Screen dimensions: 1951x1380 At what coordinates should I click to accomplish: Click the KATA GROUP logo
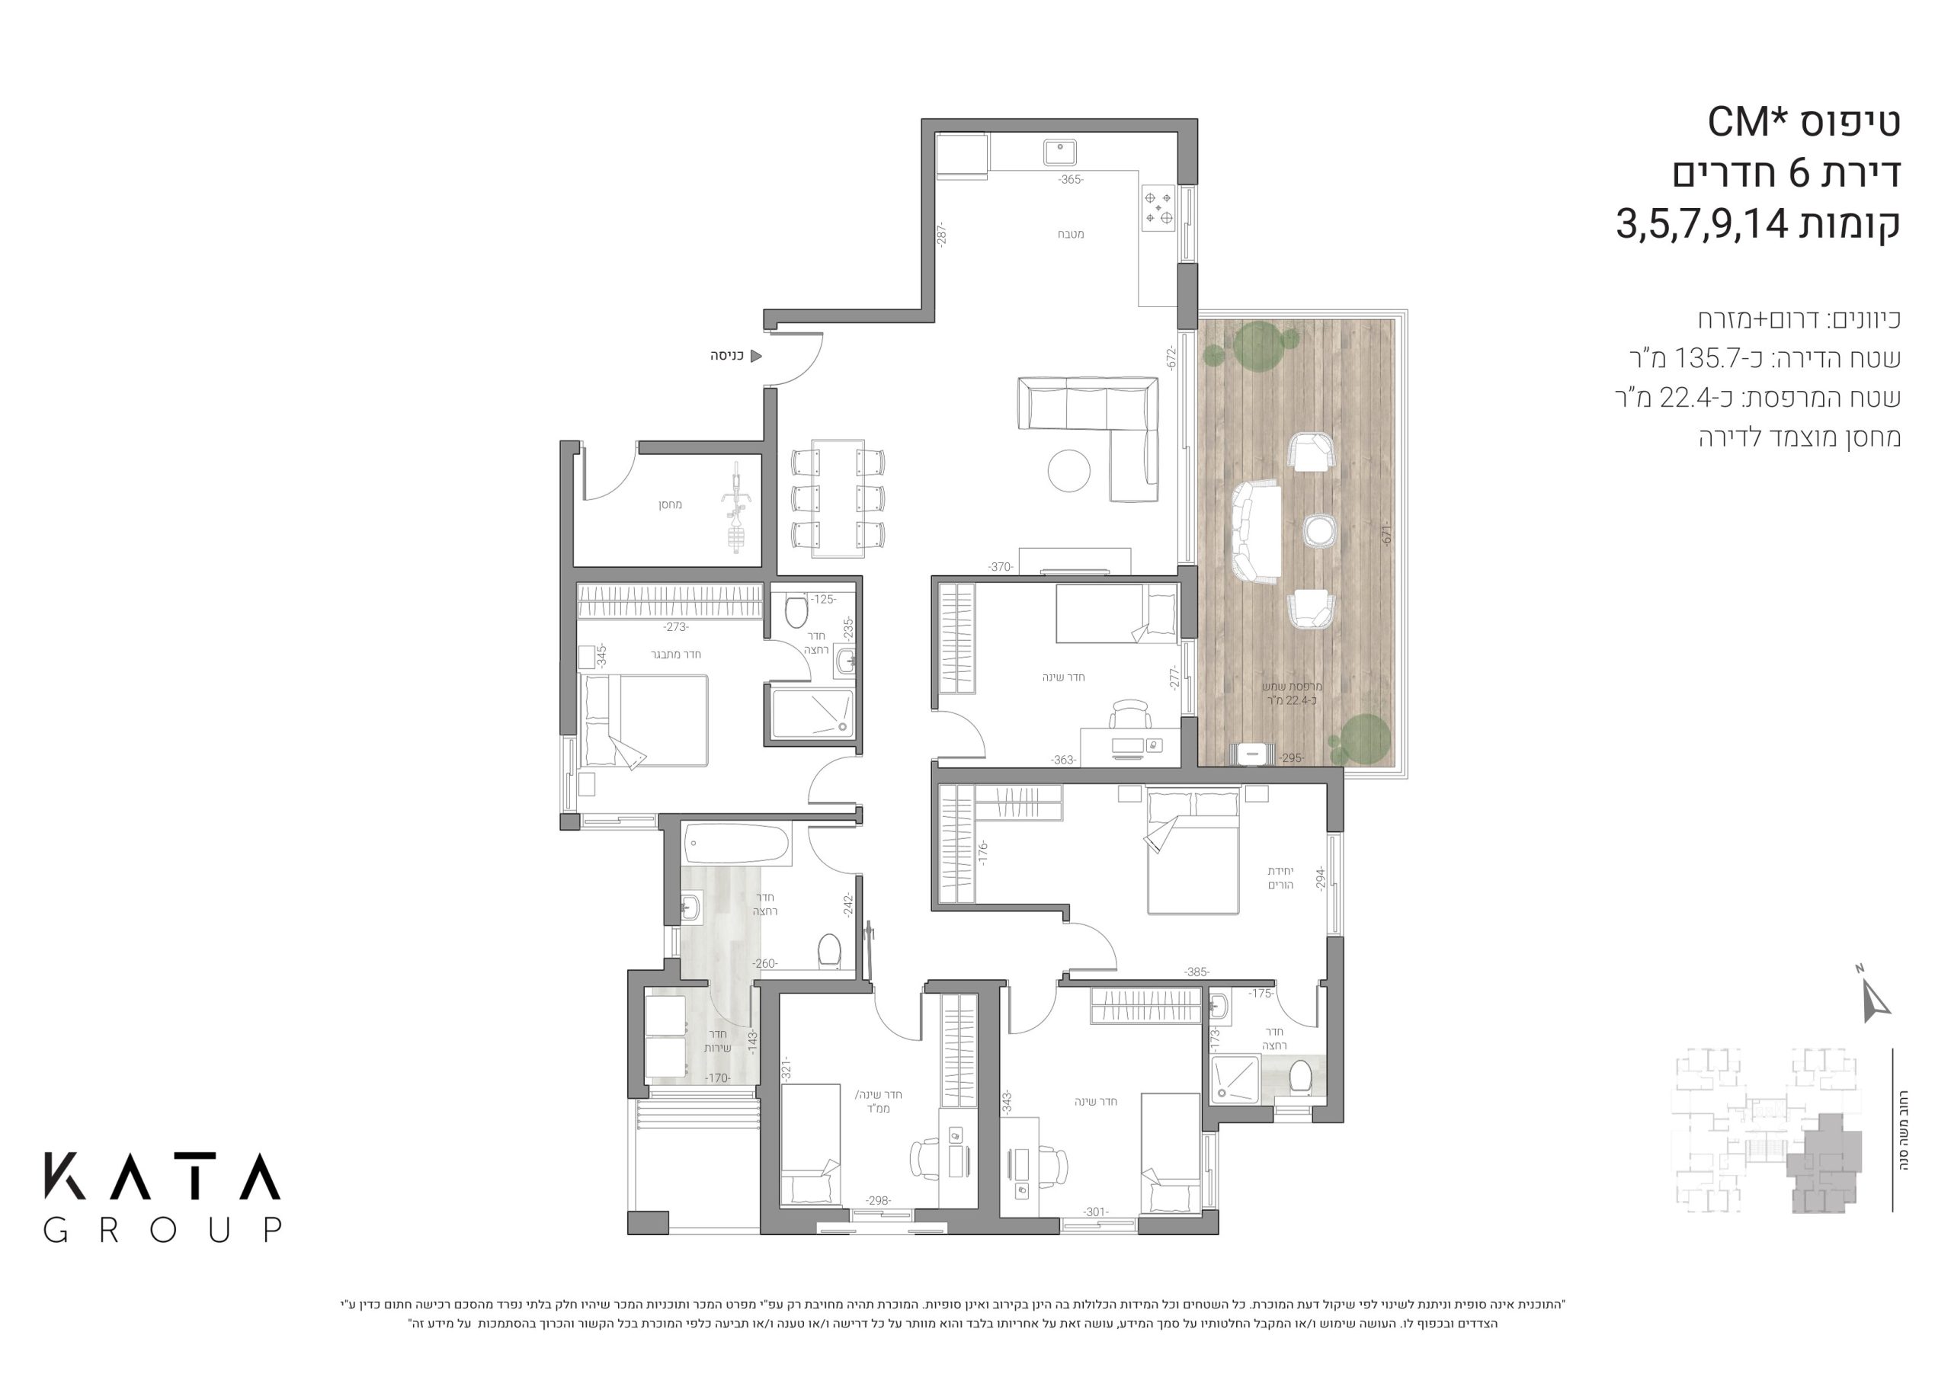click(162, 1197)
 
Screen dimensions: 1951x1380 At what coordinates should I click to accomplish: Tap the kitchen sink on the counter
click(1059, 153)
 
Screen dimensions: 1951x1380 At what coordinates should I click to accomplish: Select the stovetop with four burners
click(1158, 208)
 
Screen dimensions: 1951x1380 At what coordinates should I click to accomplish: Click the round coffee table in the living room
click(1069, 470)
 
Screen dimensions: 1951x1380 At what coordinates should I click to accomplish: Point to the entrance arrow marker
click(755, 356)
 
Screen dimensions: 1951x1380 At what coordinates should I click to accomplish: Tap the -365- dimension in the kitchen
click(1070, 179)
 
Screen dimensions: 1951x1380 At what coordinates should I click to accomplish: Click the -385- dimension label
click(1197, 972)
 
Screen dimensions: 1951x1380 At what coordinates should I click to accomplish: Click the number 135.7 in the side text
click(1702, 359)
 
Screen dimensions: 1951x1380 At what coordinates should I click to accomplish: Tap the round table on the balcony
click(1320, 530)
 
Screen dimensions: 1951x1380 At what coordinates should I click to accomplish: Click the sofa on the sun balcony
click(1255, 531)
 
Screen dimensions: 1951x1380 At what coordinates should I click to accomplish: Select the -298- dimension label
click(878, 1201)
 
